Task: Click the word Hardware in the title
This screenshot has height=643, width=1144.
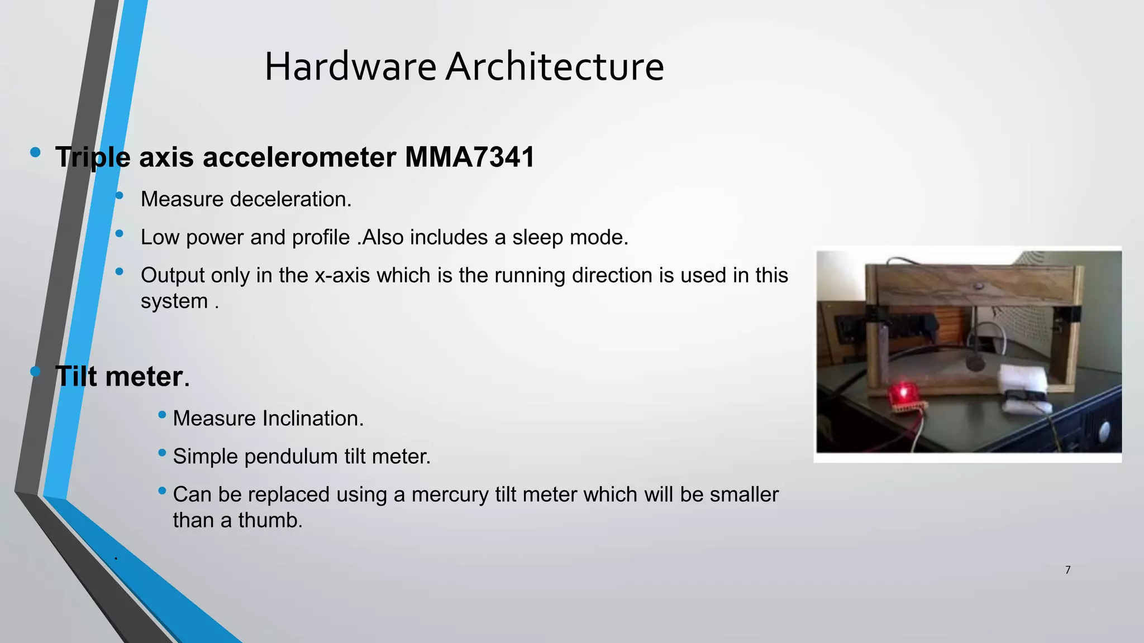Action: tap(350, 67)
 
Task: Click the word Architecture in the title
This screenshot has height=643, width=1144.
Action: tap(555, 67)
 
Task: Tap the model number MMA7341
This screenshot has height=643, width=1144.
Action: tap(470, 157)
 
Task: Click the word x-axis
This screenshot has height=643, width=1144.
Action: tap(342, 275)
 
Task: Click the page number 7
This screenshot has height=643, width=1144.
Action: tap(1067, 570)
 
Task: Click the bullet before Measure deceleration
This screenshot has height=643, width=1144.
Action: tap(119, 195)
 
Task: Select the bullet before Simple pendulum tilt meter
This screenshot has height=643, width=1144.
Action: tap(162, 453)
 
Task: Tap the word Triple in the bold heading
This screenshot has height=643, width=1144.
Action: tap(93, 157)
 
